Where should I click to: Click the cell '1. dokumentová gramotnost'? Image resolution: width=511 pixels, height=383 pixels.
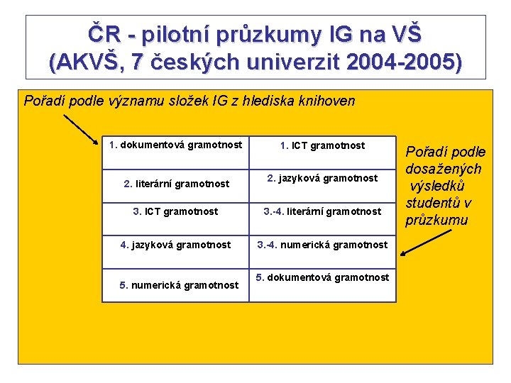point(176,145)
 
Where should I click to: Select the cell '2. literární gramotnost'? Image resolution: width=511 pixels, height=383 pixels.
point(176,184)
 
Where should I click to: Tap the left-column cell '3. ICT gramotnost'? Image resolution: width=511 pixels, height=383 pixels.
point(176,211)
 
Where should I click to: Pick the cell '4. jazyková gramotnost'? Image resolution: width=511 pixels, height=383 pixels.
point(176,245)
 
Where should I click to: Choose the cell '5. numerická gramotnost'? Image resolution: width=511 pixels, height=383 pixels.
point(179,285)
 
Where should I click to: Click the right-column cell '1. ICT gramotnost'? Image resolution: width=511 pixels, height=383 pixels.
point(322,145)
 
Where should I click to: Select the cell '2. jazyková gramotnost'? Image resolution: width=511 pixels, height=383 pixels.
point(322,178)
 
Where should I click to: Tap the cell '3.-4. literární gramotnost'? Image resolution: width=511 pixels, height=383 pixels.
point(322,211)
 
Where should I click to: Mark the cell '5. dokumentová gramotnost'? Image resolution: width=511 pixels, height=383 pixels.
point(322,277)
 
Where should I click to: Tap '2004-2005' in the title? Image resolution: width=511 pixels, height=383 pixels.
point(401,62)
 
